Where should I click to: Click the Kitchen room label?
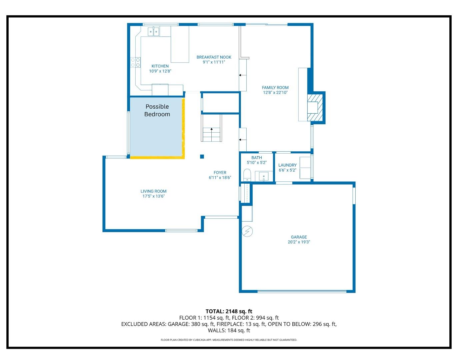click(x=160, y=66)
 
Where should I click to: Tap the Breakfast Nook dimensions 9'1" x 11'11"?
click(x=214, y=62)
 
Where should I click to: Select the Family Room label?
click(x=275, y=88)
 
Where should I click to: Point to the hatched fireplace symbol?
click(x=315, y=107)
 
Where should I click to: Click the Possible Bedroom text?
click(x=157, y=110)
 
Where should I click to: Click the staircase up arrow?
click(x=211, y=129)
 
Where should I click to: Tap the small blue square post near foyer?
click(x=202, y=157)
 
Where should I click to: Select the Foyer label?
click(x=220, y=173)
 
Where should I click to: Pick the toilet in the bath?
click(x=247, y=175)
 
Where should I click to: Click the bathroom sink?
click(x=264, y=176)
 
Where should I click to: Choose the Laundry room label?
click(x=287, y=165)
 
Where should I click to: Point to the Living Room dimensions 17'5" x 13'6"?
click(x=153, y=196)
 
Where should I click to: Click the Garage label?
click(x=299, y=237)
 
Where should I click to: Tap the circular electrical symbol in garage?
click(x=247, y=231)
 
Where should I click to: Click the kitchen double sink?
click(x=153, y=32)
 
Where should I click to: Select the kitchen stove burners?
click(x=135, y=62)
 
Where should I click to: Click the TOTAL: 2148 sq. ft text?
click(x=229, y=311)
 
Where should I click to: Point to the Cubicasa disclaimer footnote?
click(x=229, y=340)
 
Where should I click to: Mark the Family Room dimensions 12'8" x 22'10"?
click(x=275, y=93)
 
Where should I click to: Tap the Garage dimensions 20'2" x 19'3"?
click(x=299, y=242)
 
